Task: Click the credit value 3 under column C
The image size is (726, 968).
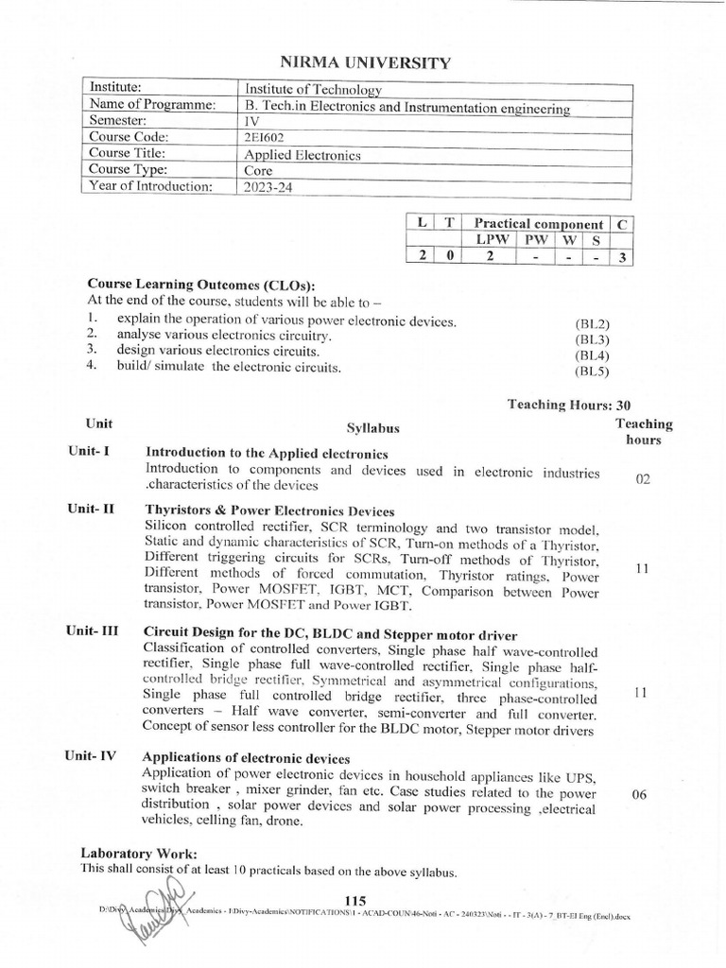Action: (620, 257)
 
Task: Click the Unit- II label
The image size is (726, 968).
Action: (91, 509)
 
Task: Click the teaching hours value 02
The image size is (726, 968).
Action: (643, 480)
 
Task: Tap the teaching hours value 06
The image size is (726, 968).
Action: (639, 794)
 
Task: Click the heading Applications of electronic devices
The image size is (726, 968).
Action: (246, 759)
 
